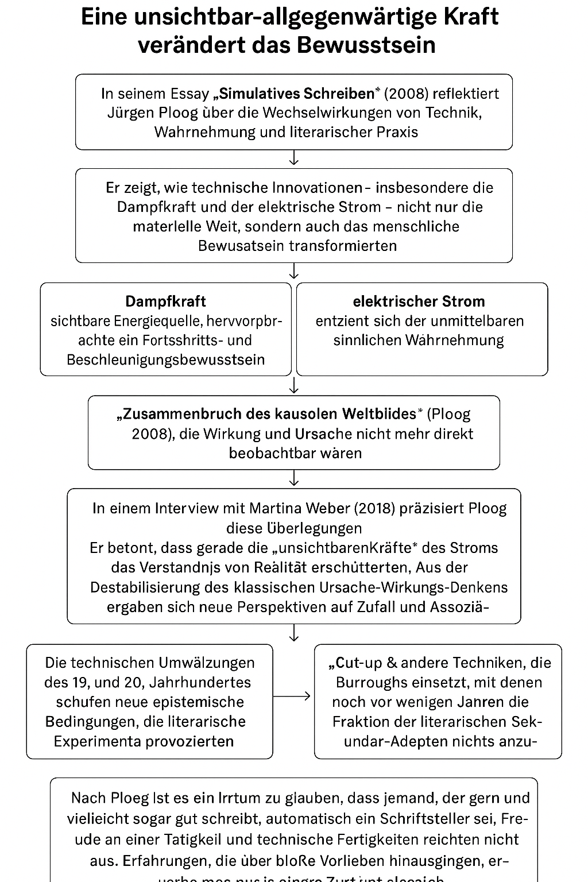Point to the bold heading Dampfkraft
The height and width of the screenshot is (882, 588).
(x=165, y=301)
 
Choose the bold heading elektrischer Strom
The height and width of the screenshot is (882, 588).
(x=419, y=301)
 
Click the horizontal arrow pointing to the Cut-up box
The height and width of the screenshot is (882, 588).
(x=293, y=696)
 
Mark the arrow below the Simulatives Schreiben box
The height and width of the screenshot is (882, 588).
(x=294, y=158)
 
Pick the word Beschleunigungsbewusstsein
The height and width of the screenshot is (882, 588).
(x=166, y=359)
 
